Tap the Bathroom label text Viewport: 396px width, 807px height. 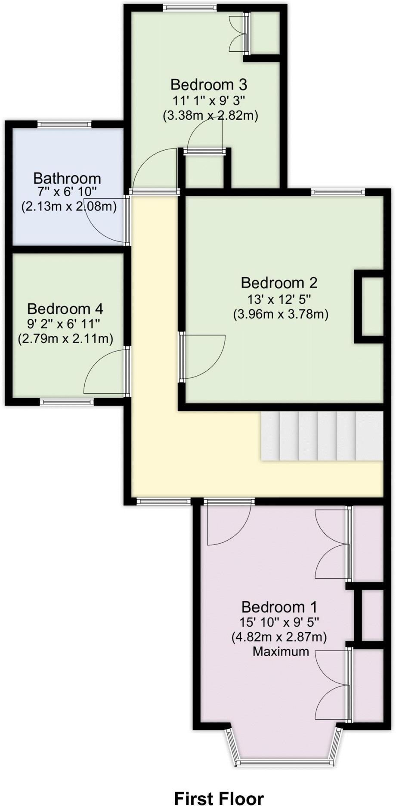coord(67,178)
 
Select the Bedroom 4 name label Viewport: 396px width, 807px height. coord(65,309)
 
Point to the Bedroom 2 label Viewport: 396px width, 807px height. coord(279,283)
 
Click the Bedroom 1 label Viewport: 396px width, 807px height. coord(279,607)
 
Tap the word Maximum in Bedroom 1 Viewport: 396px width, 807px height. coord(281,651)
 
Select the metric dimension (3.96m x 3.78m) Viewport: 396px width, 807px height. coord(281,314)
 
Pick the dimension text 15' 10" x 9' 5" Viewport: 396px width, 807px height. coord(279,622)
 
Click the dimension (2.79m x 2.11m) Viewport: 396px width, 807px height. coord(65,339)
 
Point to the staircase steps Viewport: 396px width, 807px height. coord(321,436)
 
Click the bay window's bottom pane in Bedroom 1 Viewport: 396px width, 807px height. coord(285,762)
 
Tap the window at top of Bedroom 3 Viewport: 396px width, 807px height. coord(189,7)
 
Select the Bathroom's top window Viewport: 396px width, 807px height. coord(65,124)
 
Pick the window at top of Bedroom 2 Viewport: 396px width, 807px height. coord(338,192)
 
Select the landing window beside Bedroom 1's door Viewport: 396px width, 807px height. coord(164,501)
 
